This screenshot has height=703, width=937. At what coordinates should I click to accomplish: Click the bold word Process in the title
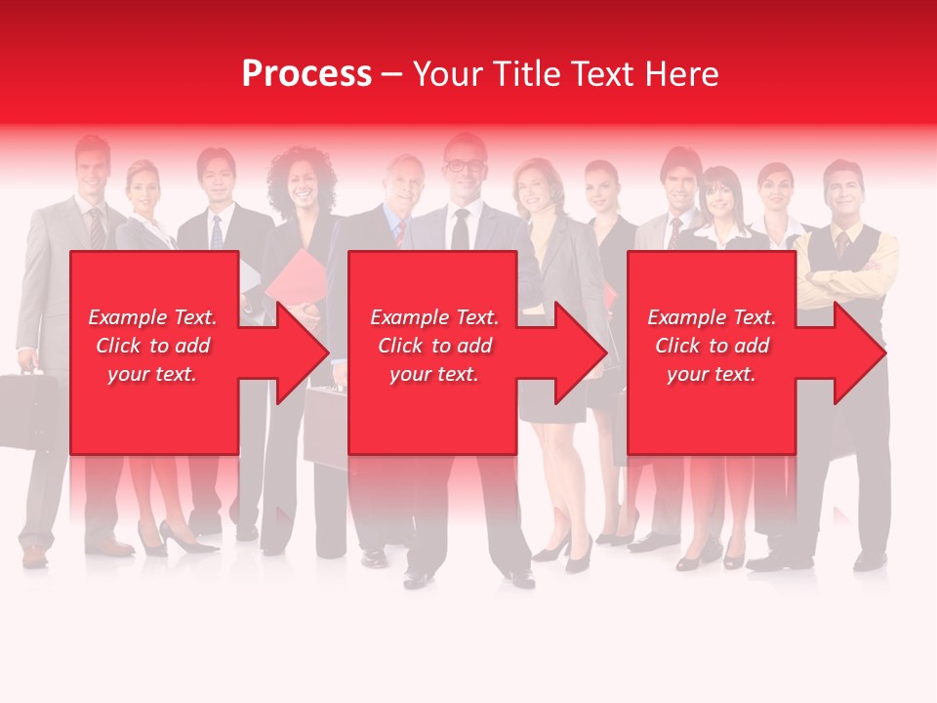coord(306,74)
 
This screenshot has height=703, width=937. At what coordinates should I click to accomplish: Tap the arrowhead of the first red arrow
coord(302,352)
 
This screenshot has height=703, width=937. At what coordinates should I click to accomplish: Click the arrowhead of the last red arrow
coord(860,352)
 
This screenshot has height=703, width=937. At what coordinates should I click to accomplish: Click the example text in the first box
coord(152,346)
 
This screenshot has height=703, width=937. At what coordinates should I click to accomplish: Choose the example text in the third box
coord(712,346)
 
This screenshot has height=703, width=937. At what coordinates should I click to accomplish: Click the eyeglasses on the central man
coord(464,166)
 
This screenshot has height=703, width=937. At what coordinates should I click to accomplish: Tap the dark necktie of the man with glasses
coord(461,230)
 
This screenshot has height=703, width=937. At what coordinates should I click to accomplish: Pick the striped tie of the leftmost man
coord(97,227)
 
